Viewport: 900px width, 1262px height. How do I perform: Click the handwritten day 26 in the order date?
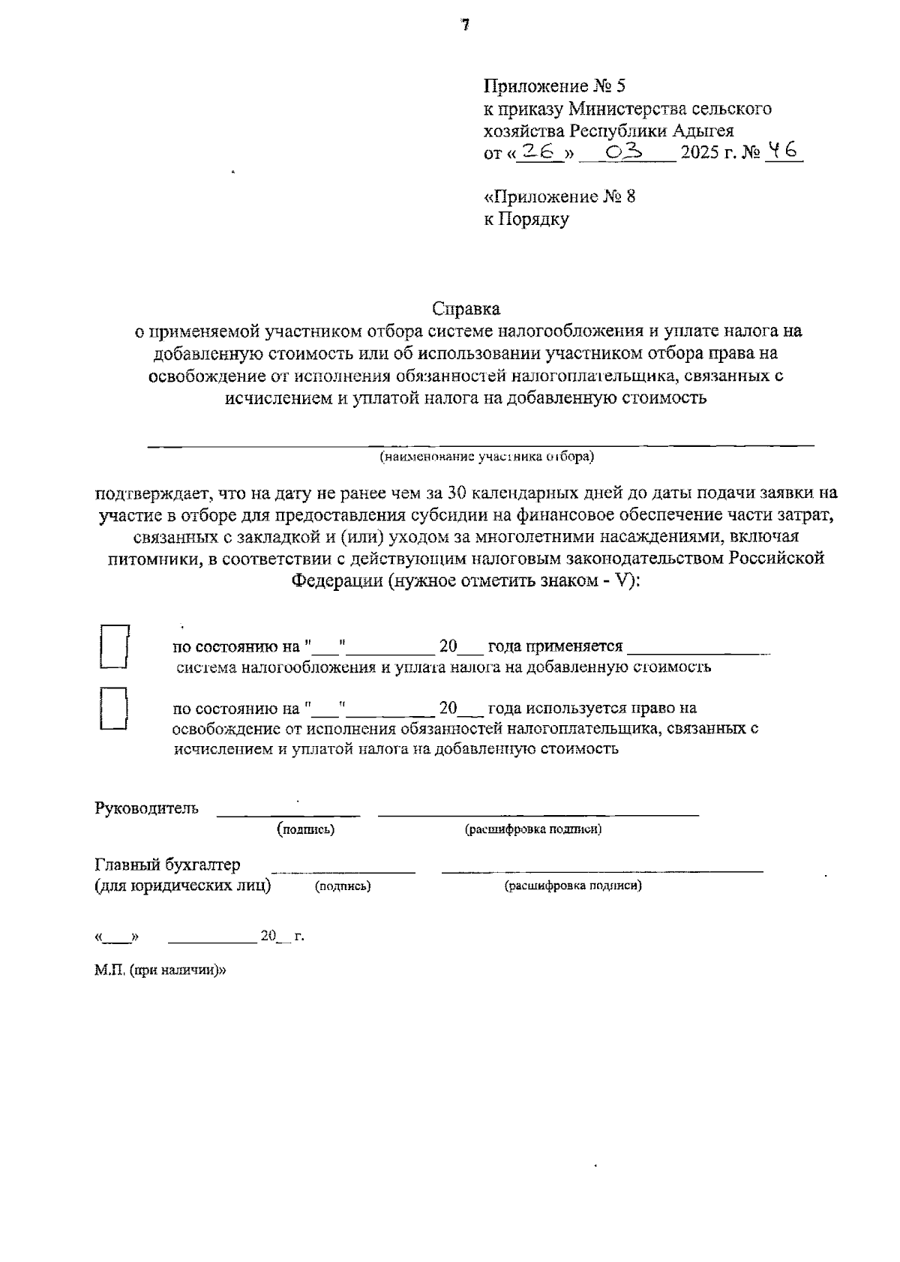(x=541, y=151)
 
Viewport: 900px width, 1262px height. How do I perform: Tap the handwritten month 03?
(x=624, y=151)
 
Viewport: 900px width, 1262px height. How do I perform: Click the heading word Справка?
(x=466, y=308)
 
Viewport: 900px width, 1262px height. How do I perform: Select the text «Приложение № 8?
(x=559, y=196)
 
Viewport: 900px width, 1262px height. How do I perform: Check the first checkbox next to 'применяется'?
(x=115, y=646)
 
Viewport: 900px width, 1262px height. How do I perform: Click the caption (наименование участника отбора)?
(x=486, y=456)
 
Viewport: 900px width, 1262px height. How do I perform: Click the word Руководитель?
(x=147, y=808)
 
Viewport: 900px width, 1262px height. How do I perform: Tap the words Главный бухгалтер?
(x=168, y=865)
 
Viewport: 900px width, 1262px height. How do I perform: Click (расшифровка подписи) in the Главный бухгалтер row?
(x=573, y=886)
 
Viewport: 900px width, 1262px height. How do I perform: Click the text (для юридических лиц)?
(x=182, y=886)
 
